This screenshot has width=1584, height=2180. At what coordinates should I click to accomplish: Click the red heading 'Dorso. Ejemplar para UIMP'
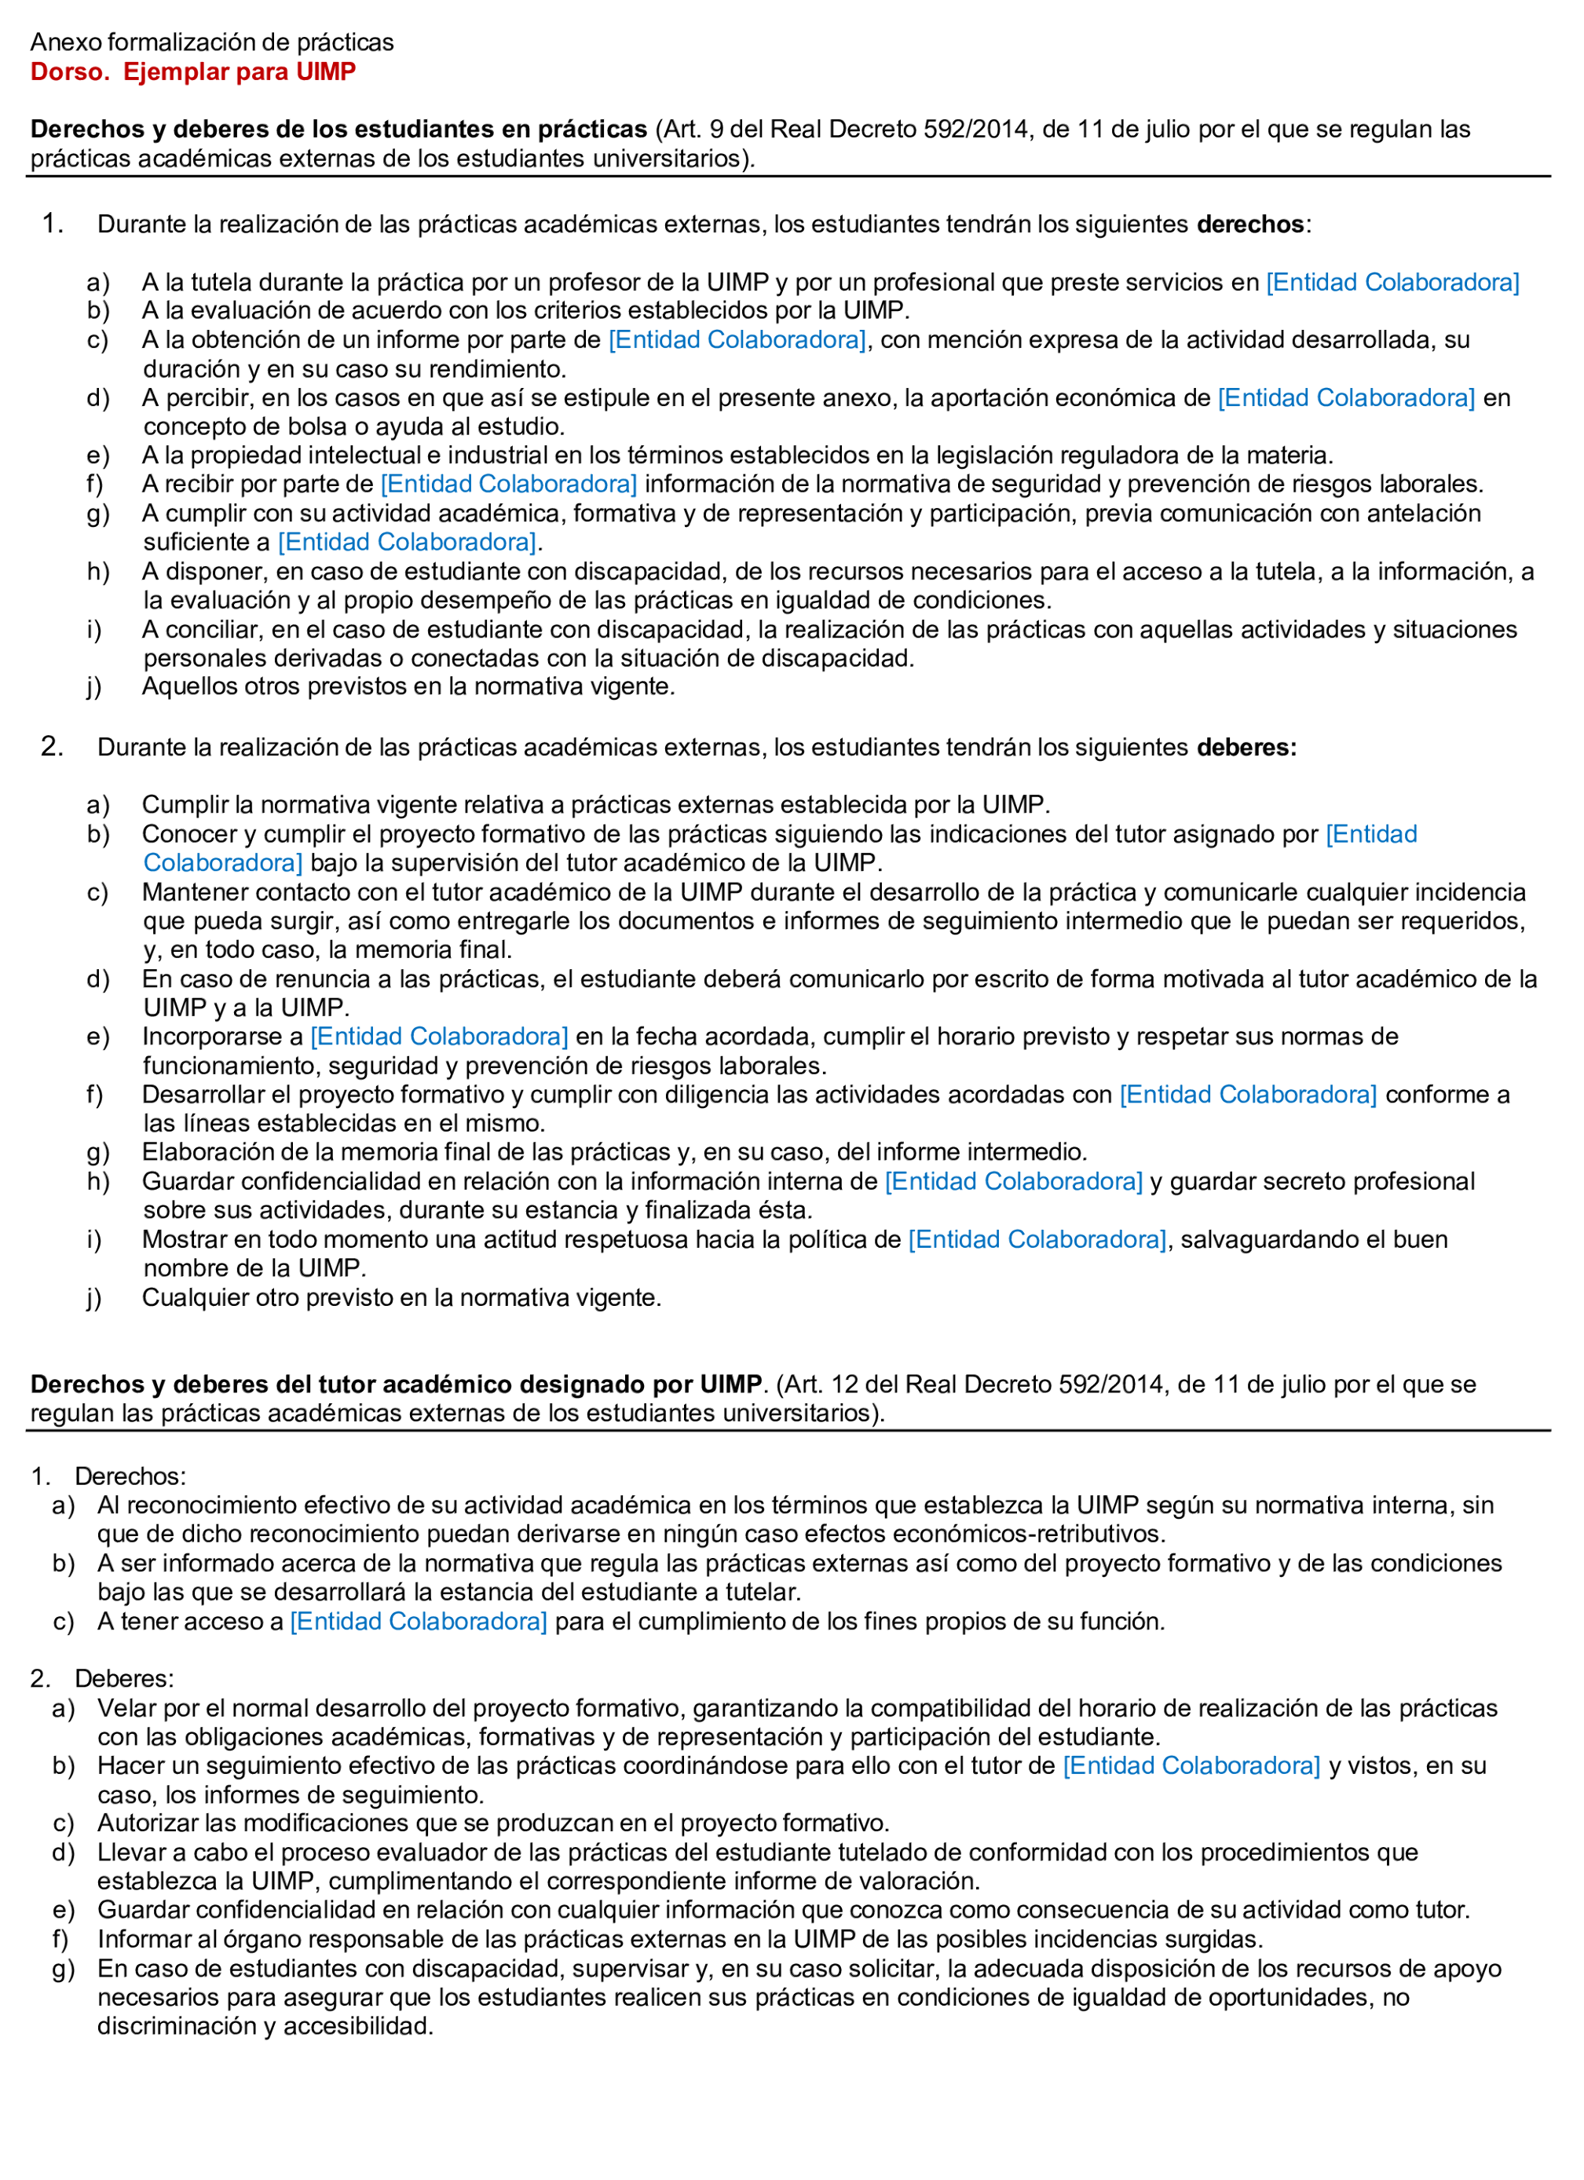click(192, 72)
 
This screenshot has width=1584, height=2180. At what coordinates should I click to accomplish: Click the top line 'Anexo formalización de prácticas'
click(211, 42)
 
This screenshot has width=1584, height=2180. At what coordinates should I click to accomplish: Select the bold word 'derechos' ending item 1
click(1249, 225)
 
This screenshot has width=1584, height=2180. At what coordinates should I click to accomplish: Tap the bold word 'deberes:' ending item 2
click(1246, 748)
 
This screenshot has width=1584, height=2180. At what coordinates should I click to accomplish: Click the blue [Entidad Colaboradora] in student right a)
click(1392, 283)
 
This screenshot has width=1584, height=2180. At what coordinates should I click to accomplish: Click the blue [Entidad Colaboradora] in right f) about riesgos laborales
click(508, 485)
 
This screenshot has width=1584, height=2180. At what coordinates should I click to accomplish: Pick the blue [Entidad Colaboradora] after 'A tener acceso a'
click(418, 1622)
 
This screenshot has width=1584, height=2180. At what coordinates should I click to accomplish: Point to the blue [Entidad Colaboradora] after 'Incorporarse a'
click(439, 1037)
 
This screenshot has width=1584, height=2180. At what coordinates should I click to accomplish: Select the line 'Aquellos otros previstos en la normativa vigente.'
click(408, 687)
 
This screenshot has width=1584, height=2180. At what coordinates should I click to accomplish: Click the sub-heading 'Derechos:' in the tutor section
click(130, 1476)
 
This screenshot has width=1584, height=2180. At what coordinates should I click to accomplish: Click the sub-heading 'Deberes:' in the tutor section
click(124, 1679)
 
